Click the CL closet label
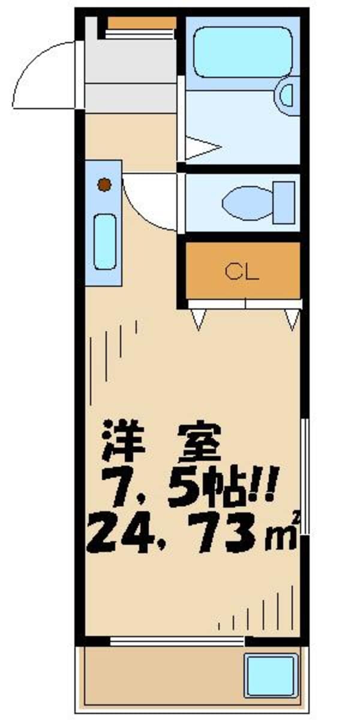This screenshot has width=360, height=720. pos(242,272)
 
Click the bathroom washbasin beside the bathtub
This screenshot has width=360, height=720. pos(287,95)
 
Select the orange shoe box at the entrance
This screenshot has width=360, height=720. pos(142,23)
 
